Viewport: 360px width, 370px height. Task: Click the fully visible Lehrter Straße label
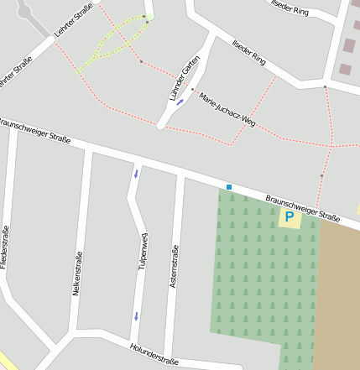pyautogui.click(x=71, y=23)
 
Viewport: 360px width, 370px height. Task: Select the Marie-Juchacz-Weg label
pyautogui.click(x=227, y=109)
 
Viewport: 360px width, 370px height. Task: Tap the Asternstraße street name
pyautogui.click(x=174, y=267)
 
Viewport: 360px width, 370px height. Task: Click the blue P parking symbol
pyautogui.click(x=290, y=218)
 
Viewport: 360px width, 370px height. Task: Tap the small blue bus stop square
pyautogui.click(x=228, y=186)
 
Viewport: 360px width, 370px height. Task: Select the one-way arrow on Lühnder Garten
pyautogui.click(x=180, y=102)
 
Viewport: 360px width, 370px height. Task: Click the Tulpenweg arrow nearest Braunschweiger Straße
pyautogui.click(x=136, y=174)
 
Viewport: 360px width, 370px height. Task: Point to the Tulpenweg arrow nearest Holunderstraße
pyautogui.click(x=136, y=316)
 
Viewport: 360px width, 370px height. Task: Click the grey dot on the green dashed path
pyautogui.click(x=144, y=17)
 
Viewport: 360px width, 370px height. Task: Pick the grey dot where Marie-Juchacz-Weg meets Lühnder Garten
pyautogui.click(x=192, y=89)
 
